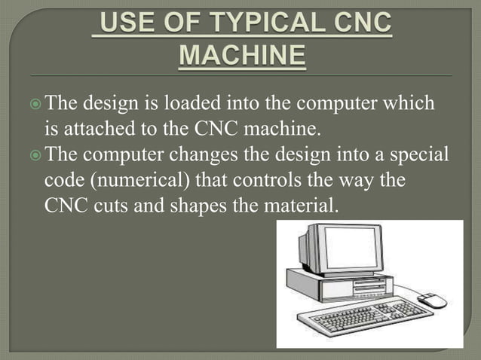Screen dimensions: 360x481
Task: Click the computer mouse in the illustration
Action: (431, 301)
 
